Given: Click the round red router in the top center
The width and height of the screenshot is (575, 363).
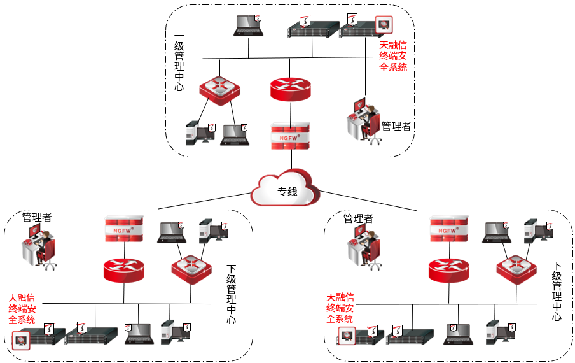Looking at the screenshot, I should point(290,89).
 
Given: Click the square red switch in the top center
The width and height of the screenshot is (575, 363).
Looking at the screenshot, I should point(220,89).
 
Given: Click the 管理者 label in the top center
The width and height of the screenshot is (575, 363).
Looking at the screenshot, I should point(396,126).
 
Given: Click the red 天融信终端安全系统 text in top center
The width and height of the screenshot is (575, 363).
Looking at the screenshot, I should point(393,56).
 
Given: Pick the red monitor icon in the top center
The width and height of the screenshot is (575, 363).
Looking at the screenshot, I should point(384,24).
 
